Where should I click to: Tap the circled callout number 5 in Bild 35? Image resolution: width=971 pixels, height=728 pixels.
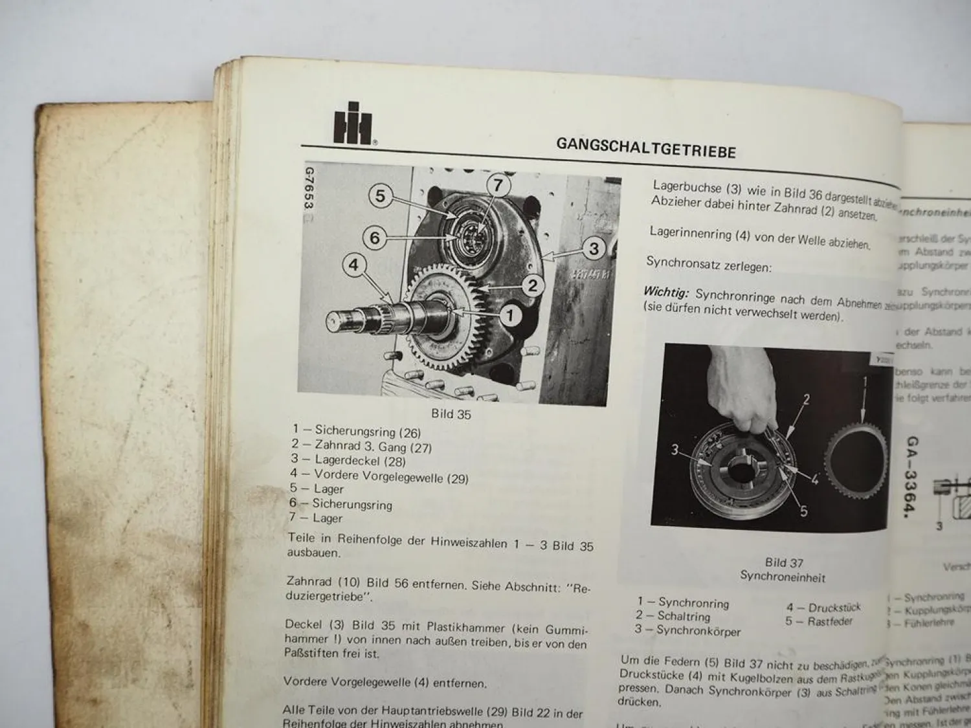coord(381,195)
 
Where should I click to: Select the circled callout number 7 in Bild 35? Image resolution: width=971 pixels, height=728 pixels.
coord(498,186)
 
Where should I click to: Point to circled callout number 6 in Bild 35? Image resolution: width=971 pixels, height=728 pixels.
coord(375,237)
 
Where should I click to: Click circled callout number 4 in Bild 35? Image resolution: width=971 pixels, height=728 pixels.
coord(353,265)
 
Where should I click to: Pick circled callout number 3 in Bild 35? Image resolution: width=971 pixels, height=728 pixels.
coord(594,248)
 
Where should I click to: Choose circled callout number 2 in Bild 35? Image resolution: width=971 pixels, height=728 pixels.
coord(532,285)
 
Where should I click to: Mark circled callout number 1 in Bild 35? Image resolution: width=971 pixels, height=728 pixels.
coord(510,315)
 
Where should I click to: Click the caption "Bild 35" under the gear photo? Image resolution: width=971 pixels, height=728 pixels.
coord(451,414)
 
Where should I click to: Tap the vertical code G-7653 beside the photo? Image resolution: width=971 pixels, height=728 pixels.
coord(309,188)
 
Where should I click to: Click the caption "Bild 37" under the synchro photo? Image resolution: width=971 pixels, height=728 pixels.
coord(784,562)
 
